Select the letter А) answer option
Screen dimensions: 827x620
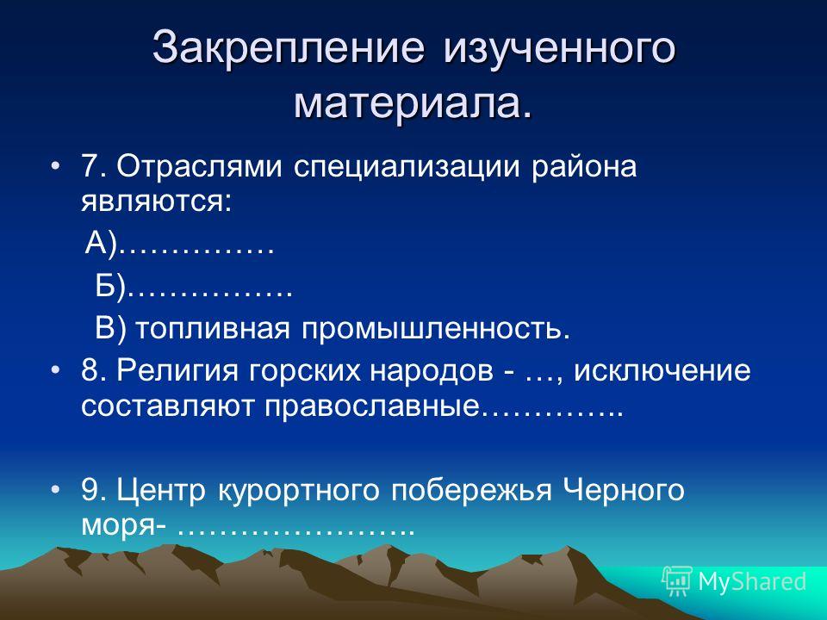(x=100, y=244)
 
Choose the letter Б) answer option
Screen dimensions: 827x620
(x=111, y=286)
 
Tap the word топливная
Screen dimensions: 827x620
(x=213, y=329)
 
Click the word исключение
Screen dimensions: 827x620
(x=662, y=370)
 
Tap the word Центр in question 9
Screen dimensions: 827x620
(x=161, y=490)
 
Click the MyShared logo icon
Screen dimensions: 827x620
(x=676, y=581)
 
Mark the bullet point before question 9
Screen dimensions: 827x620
(x=55, y=490)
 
